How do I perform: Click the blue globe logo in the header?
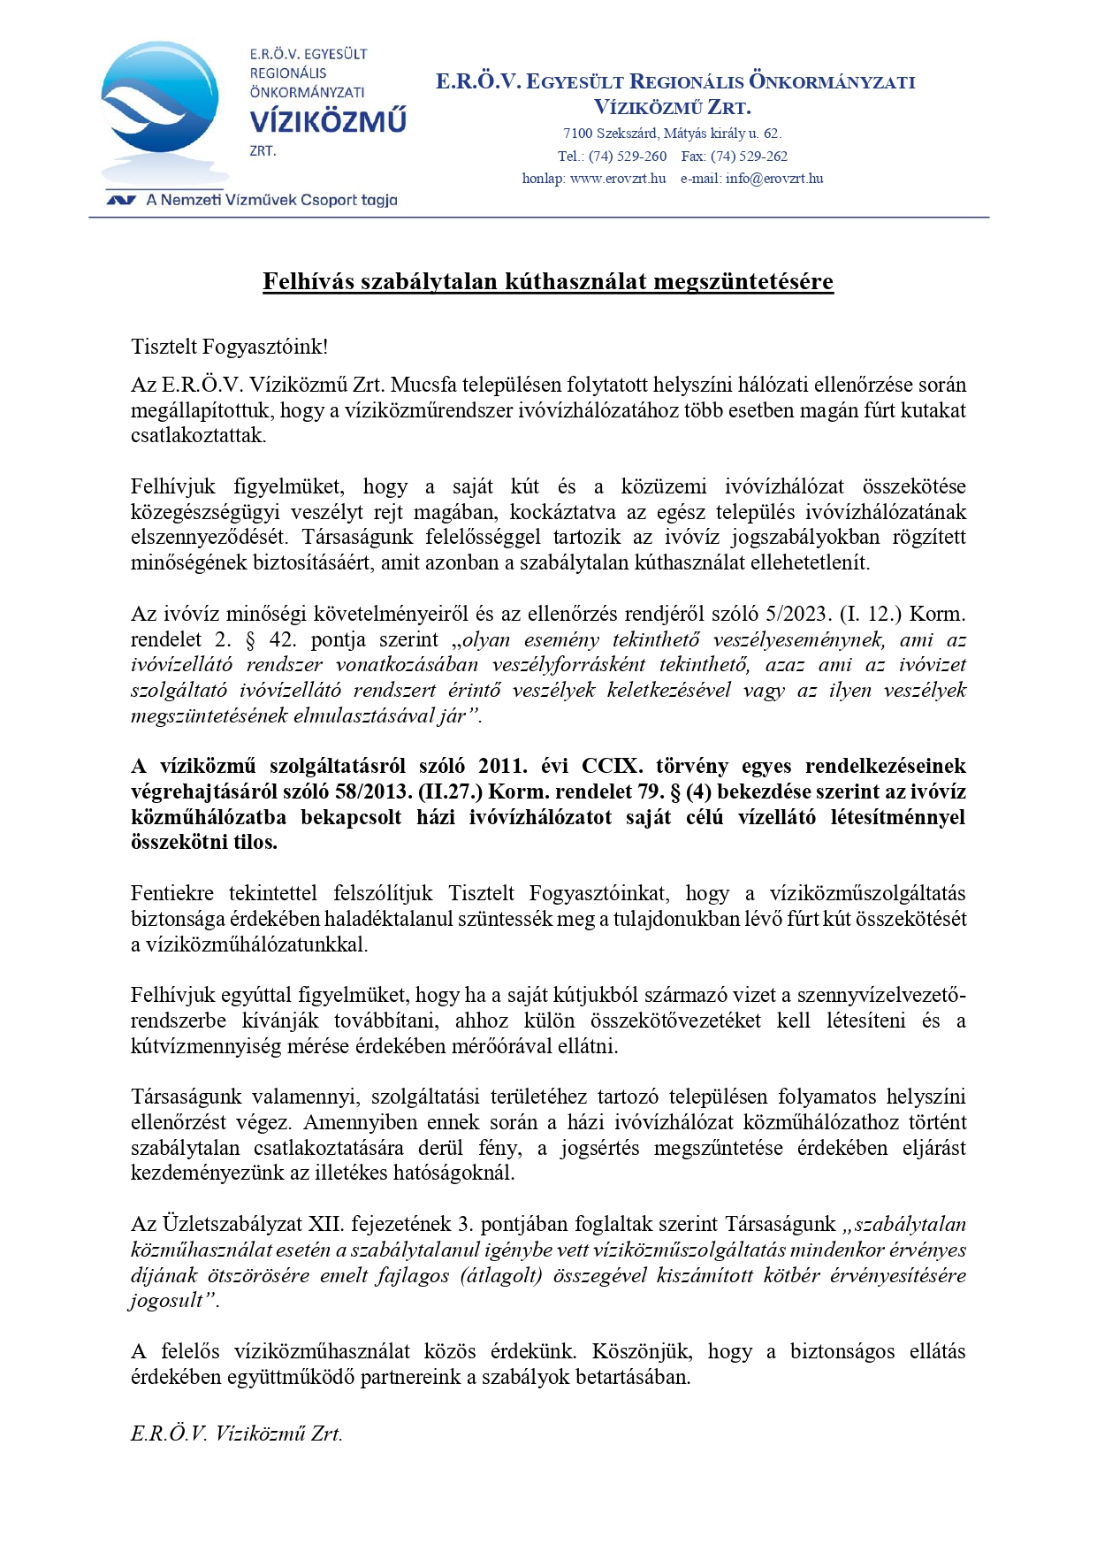pyautogui.click(x=159, y=102)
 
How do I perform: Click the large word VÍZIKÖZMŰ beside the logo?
pyautogui.click(x=328, y=121)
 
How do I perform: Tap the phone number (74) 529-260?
pyautogui.click(x=628, y=157)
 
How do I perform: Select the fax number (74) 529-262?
pyautogui.click(x=749, y=157)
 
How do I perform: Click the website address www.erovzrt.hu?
pyautogui.click(x=618, y=179)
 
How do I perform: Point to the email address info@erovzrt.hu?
pyautogui.click(x=774, y=179)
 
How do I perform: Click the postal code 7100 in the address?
pyautogui.click(x=577, y=134)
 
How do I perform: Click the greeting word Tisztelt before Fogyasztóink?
pyautogui.click(x=164, y=347)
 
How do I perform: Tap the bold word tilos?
pyautogui.click(x=255, y=843)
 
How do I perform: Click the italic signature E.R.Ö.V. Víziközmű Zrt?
pyautogui.click(x=236, y=1434)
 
